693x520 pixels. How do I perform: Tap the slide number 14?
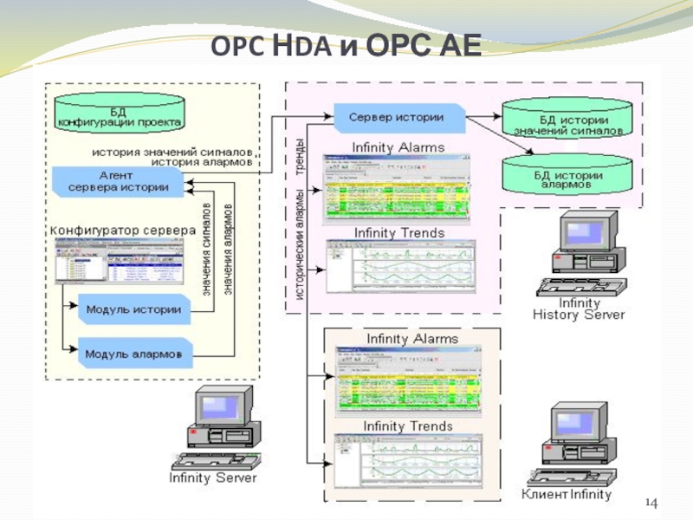pos(651,504)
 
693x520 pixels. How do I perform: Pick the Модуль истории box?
pos(133,309)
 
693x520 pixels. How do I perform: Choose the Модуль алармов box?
pos(133,354)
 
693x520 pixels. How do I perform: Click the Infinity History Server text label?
pos(578,309)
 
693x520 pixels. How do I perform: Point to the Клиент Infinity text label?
pos(567,495)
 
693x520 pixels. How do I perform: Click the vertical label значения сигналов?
pos(208,251)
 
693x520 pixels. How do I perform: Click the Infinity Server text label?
pos(213,477)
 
